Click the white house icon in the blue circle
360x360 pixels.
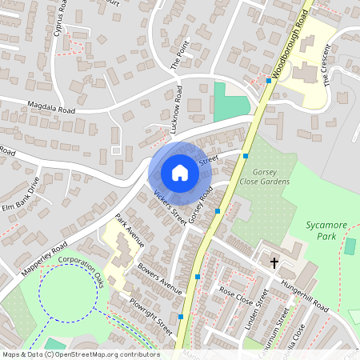pos(180,173)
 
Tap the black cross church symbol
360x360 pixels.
pos(274,262)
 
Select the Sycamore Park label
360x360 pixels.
pos(327,231)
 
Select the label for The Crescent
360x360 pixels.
pos(326,70)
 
